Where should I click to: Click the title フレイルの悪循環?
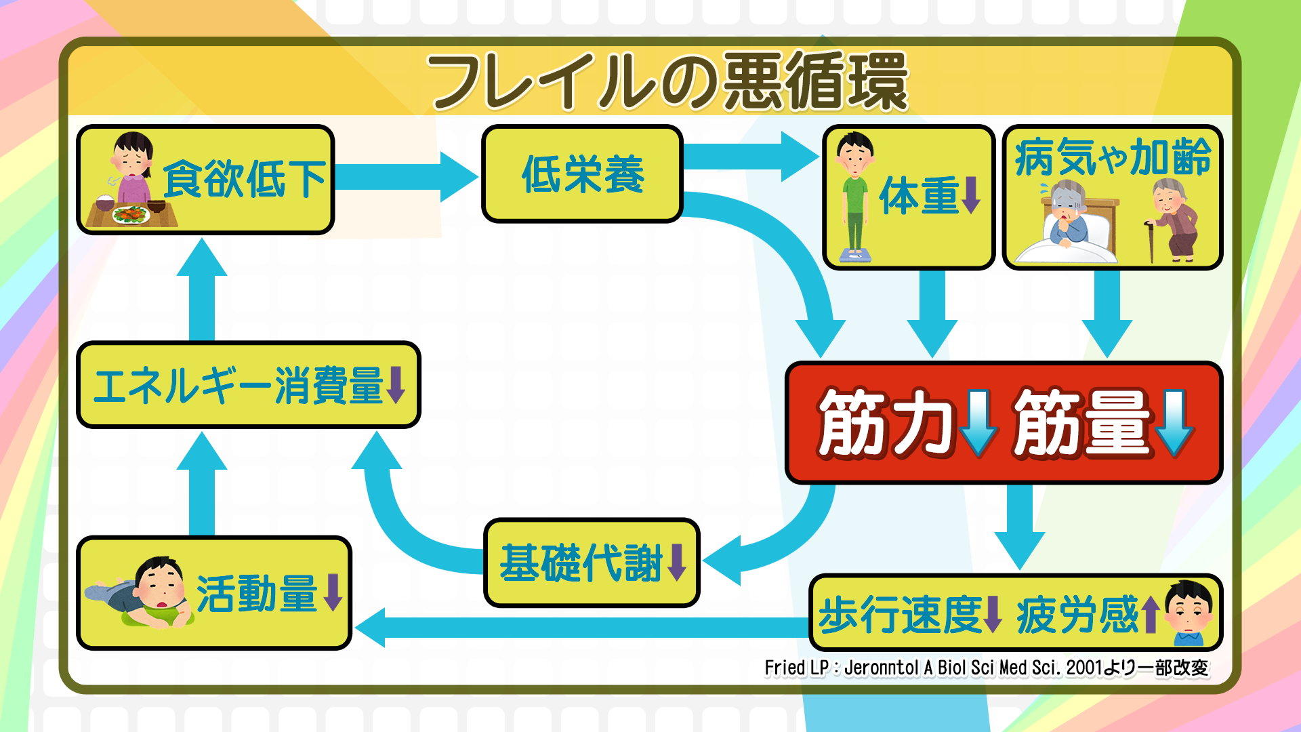click(x=667, y=81)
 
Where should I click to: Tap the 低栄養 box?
click(x=582, y=174)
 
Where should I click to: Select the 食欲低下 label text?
click(x=244, y=180)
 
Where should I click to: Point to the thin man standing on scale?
click(x=854, y=197)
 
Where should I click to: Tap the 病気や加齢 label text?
click(x=1112, y=157)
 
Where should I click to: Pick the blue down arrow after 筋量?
click(x=1174, y=422)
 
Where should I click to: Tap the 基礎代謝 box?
click(x=592, y=563)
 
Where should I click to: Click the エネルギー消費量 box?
click(x=249, y=385)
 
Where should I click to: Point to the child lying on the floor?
click(x=142, y=593)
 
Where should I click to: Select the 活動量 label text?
click(x=257, y=594)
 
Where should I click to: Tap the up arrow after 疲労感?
click(x=1149, y=615)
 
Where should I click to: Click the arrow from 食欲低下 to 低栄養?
click(x=407, y=176)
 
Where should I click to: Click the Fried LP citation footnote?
click(x=986, y=668)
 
